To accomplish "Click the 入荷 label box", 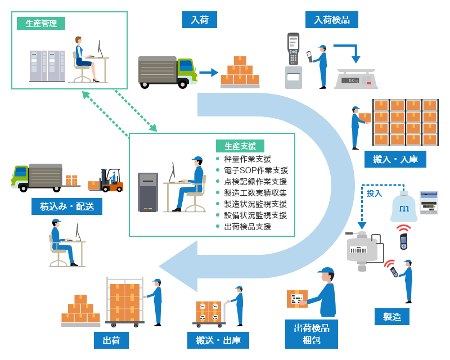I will coord(200,20).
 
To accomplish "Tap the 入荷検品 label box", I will coord(332,20).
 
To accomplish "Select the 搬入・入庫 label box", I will coord(395,159).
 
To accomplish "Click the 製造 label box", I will coord(392,316).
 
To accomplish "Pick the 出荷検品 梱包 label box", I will coord(312,333).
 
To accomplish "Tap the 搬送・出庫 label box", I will coord(218,340).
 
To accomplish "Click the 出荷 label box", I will coord(111,340).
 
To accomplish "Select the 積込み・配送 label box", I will coord(67,206).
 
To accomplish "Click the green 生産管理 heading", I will coord(41,23).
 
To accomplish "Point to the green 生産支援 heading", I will coord(240,146).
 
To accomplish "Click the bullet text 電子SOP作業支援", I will coord(255,170).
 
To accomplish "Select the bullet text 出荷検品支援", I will coord(247,227).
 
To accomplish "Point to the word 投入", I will coord(374,193).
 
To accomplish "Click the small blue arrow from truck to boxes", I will coord(208,72).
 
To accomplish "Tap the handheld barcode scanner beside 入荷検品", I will coord(293,48).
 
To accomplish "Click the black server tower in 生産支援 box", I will coord(148,192).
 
